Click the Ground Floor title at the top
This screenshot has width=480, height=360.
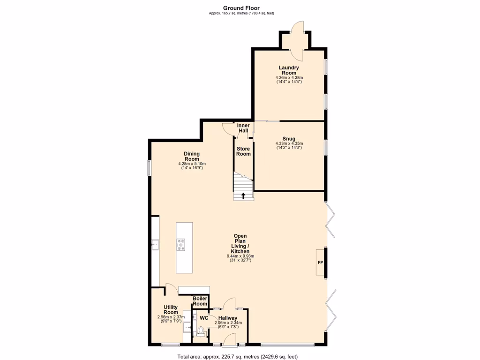pos(241,8)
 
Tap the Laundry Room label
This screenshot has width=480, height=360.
pos(289,70)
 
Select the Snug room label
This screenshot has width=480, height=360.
pos(289,139)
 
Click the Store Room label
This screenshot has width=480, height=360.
pos(243,151)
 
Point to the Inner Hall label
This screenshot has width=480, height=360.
pos(243,128)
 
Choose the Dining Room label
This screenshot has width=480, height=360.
pos(192,156)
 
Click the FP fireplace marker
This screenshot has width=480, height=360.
pos(321,262)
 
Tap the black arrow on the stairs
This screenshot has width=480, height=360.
pos(243,195)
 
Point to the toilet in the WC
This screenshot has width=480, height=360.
pos(201,331)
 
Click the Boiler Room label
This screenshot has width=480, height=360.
pos(200,301)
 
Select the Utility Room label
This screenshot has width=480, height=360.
pos(171,310)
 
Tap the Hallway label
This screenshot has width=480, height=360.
pos(227,318)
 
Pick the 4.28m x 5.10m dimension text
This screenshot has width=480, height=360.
pos(192,164)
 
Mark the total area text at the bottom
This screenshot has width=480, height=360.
pos(237,356)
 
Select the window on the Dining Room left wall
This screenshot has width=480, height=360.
pos(149,168)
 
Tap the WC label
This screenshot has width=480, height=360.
pos(204,318)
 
